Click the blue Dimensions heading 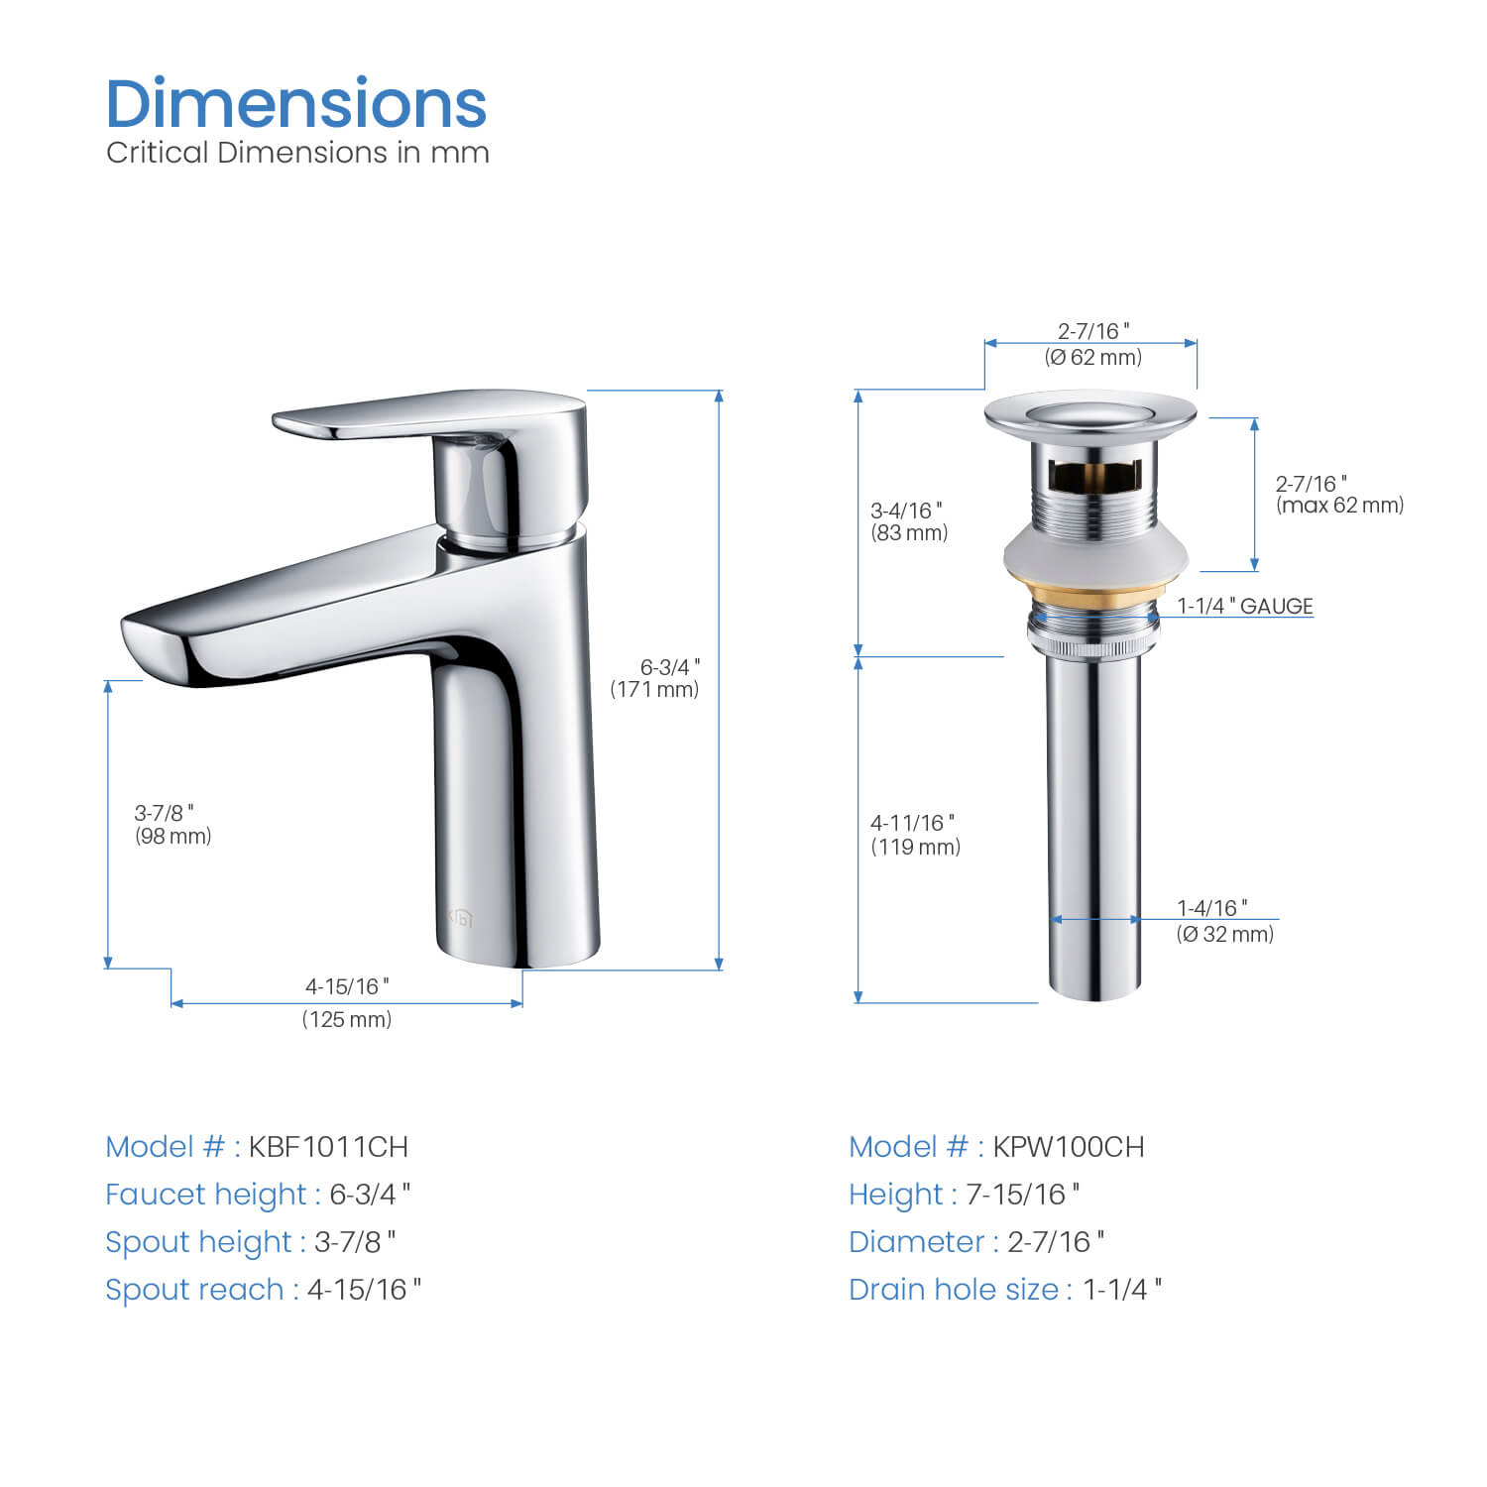(296, 103)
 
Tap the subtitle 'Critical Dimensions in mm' (297, 153)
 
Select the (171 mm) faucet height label (654, 689)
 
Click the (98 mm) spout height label (173, 836)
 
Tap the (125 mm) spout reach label (347, 1019)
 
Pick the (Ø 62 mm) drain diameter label (1092, 357)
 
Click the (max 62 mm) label (1340, 505)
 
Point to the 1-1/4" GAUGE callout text (1245, 606)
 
